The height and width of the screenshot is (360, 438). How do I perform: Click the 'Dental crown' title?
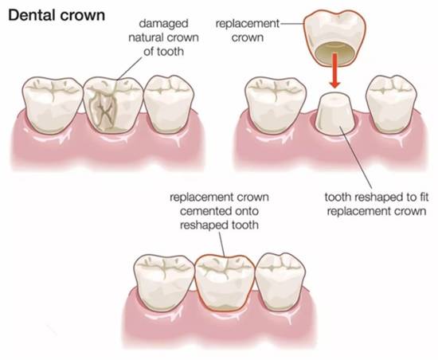pyautogui.click(x=57, y=15)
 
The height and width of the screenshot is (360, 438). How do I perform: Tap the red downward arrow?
pyautogui.click(x=334, y=71)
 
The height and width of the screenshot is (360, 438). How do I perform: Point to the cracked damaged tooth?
pyautogui.click(x=113, y=104)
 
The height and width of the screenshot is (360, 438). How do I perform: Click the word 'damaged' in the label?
pyautogui.click(x=163, y=23)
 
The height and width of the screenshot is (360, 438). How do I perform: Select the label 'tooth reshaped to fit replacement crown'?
pyautogui.click(x=376, y=204)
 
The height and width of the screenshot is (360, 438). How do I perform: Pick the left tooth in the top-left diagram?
pyautogui.click(x=53, y=105)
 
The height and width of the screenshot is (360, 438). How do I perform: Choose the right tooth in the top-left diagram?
pyautogui.click(x=169, y=104)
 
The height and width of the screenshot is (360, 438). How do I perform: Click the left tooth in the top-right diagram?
pyautogui.click(x=276, y=105)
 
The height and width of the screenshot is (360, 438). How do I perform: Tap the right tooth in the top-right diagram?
pyautogui.click(x=391, y=104)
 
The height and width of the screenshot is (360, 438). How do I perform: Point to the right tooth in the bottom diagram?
pyautogui.click(x=280, y=282)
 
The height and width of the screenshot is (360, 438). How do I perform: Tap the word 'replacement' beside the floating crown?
pyautogui.click(x=247, y=24)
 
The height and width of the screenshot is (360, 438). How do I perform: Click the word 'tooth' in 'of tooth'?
pyautogui.click(x=170, y=52)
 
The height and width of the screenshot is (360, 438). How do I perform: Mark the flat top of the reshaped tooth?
pyautogui.click(x=334, y=97)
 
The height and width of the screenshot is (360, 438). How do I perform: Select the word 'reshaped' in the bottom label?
pyautogui.click(x=204, y=225)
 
